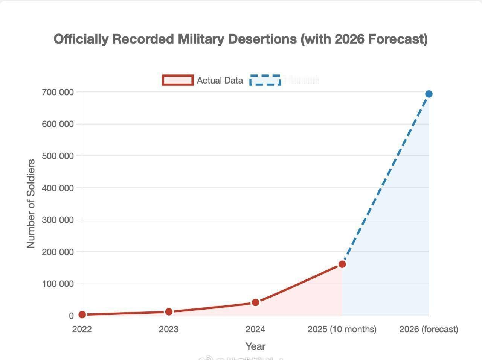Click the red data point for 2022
(x=82, y=314)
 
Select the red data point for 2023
(x=169, y=312)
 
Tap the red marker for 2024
(x=255, y=302)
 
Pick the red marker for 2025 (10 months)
(x=342, y=264)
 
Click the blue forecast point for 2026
(x=429, y=94)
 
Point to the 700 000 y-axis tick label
(x=58, y=92)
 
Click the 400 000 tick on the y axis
(x=58, y=188)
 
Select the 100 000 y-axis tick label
(x=58, y=284)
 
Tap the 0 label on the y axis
(x=71, y=316)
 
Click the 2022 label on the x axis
(x=82, y=329)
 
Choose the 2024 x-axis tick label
(x=255, y=329)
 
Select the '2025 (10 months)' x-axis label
(x=342, y=329)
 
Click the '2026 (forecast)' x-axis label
(x=429, y=329)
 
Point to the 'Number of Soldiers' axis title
(x=31, y=204)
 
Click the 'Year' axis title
(x=255, y=346)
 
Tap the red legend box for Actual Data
(x=178, y=80)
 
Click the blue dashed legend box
(x=265, y=80)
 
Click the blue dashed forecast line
(x=385, y=179)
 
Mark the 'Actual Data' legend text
(x=220, y=81)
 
